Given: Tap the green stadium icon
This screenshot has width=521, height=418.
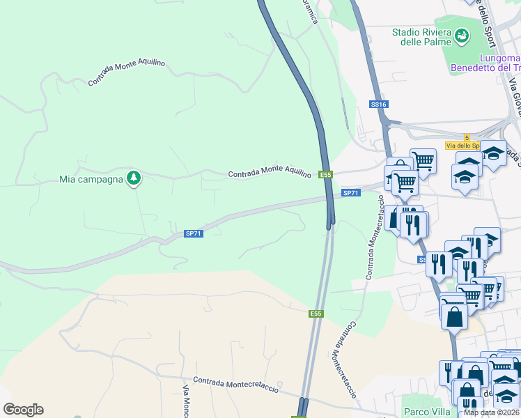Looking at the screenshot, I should (461, 35).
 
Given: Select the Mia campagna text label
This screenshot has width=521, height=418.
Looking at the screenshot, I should (91, 179).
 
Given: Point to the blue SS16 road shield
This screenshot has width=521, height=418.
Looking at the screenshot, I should (378, 104).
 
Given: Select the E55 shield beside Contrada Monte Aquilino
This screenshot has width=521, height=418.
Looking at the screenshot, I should (325, 175).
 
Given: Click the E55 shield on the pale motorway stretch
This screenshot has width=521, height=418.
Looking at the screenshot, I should (316, 313).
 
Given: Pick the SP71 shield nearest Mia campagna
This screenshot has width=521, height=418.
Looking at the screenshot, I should (194, 234).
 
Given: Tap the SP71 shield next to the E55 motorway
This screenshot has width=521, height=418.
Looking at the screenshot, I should (351, 193).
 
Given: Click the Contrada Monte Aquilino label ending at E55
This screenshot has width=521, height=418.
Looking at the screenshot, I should (270, 173).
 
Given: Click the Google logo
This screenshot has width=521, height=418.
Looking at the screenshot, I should (23, 410).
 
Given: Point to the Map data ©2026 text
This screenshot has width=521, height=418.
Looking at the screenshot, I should (491, 412).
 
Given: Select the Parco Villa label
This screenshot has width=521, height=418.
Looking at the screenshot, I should (426, 412).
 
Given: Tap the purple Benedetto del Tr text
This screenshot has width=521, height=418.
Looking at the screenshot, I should (485, 68).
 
